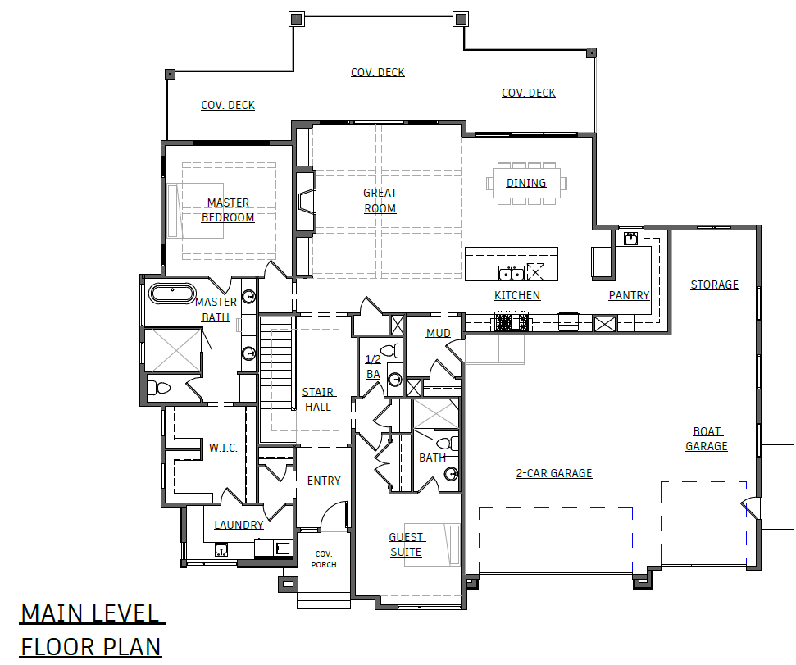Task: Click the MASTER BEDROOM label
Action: click(228, 210)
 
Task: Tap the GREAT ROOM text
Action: click(380, 201)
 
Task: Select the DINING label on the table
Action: click(526, 183)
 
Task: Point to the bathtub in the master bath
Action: click(172, 294)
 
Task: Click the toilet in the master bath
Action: click(159, 388)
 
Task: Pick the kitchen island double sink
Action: click(511, 273)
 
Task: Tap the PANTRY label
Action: click(629, 295)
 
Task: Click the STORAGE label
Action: click(714, 285)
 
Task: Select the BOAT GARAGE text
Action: click(707, 439)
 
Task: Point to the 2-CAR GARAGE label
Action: click(554, 473)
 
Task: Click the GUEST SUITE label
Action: click(406, 544)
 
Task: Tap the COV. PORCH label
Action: click(323, 559)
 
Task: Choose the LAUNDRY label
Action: click(239, 525)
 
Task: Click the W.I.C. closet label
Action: click(223, 448)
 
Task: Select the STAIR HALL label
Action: click(318, 399)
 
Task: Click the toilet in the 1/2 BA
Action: click(390, 351)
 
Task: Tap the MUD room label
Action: click(438, 333)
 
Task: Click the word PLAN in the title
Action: click(127, 647)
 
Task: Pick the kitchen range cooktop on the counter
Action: click(512, 322)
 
